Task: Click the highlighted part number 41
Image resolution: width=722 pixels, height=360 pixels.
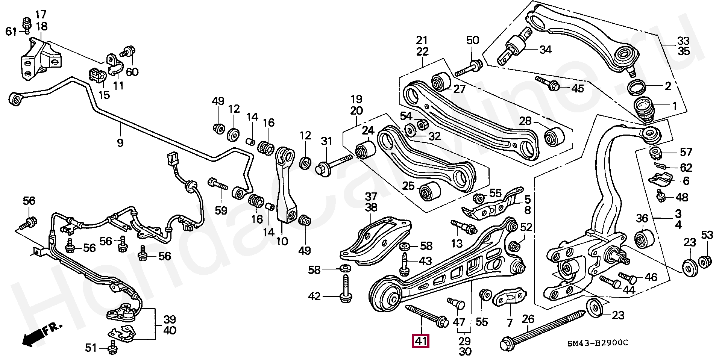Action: click(x=421, y=342)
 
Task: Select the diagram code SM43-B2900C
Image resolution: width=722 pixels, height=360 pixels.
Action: click(x=598, y=343)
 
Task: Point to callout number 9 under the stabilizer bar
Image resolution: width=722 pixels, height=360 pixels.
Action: click(x=120, y=143)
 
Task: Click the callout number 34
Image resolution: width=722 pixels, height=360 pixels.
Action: click(x=545, y=49)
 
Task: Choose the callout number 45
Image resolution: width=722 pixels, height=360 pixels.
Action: click(x=578, y=89)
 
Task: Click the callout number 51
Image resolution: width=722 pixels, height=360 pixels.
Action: click(x=91, y=348)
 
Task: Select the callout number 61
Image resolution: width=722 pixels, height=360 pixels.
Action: click(x=12, y=32)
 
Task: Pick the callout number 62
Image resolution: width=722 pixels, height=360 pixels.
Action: click(x=686, y=167)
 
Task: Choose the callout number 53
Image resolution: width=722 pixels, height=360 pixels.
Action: click(x=707, y=236)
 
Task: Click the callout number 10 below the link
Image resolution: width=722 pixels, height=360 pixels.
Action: click(x=282, y=241)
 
